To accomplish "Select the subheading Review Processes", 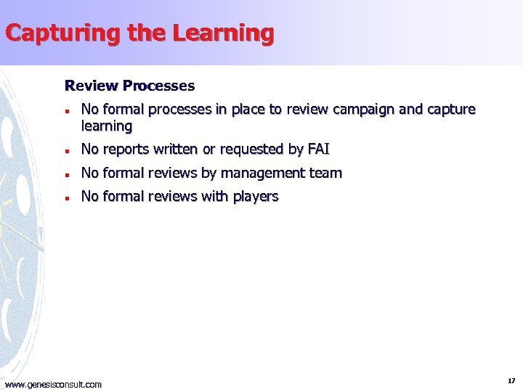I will (130, 86).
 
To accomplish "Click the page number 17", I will (511, 380).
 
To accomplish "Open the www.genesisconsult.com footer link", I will (53, 384).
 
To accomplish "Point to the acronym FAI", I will (318, 150).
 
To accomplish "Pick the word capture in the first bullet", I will (452, 110).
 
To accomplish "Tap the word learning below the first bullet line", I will (107, 126).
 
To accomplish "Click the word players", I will (256, 196).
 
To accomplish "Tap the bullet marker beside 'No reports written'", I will (66, 150).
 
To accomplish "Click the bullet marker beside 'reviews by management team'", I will (66, 173).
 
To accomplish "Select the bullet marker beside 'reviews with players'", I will (66, 197).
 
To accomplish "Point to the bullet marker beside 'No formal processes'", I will (66, 110).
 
